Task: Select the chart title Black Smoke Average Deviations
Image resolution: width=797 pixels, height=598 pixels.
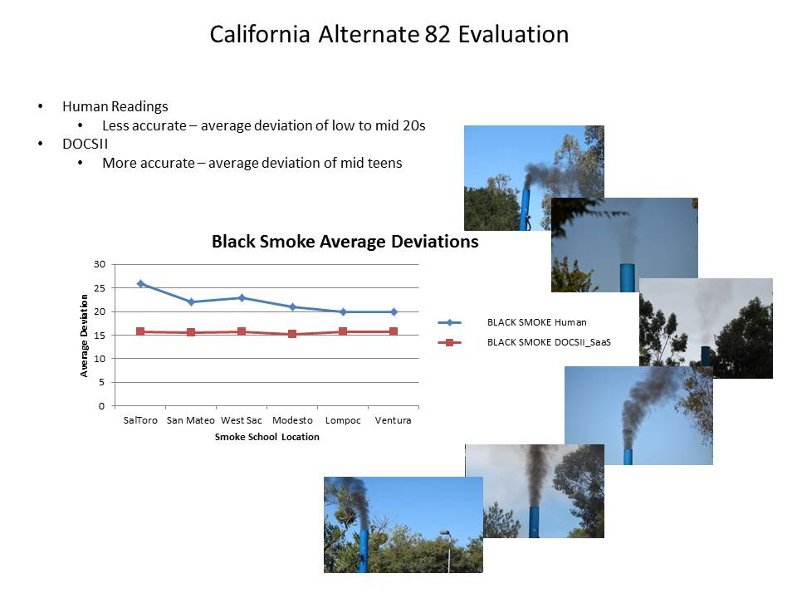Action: (345, 242)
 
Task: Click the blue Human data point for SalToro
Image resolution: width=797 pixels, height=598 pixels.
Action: (141, 284)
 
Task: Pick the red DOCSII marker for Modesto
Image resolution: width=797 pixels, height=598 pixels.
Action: (292, 334)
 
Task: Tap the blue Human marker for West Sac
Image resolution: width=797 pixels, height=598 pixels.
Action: (242, 297)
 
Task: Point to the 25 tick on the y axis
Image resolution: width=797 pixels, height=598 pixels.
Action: (100, 288)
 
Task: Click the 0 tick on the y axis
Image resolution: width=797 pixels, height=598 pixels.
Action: (101, 406)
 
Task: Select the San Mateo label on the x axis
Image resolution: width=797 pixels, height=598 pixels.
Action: (191, 420)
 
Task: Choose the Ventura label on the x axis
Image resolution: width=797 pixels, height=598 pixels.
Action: (393, 420)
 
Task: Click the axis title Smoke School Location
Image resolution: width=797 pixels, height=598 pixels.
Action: (266, 437)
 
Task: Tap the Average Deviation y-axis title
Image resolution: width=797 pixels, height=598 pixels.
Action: (84, 336)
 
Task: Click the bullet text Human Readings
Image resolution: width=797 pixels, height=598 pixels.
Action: (115, 107)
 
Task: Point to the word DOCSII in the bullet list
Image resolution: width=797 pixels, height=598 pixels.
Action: (86, 144)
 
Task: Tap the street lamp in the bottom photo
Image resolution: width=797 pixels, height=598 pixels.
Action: (447, 550)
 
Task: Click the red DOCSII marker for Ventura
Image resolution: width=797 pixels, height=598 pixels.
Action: (394, 331)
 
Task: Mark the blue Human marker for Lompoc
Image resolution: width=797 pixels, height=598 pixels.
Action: (343, 311)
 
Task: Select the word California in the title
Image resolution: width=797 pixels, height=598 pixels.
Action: (260, 35)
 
